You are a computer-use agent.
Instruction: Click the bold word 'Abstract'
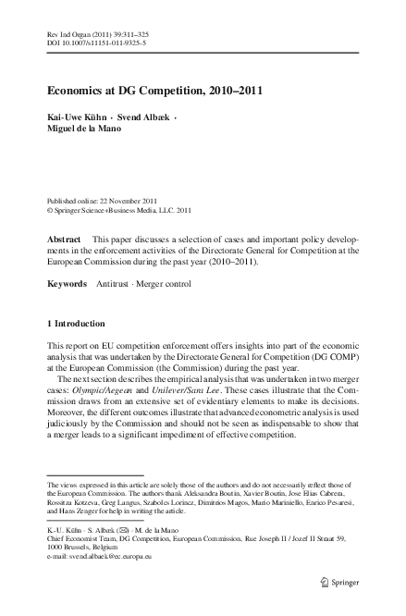point(66,238)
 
